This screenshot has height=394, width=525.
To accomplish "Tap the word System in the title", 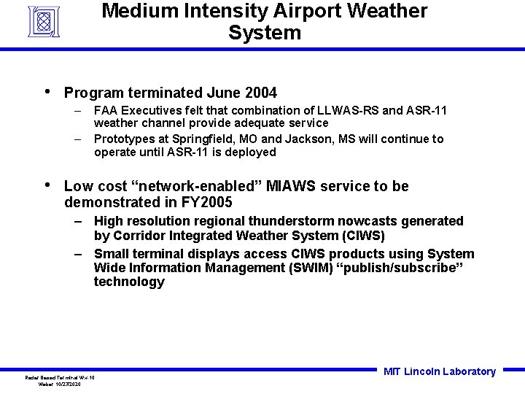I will [x=264, y=33].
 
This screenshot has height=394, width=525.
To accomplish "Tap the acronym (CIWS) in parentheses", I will [x=362, y=236].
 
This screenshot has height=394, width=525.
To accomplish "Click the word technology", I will [x=129, y=282].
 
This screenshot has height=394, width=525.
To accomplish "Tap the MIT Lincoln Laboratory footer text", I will [x=439, y=371].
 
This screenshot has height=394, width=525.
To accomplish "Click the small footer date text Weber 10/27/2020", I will [x=60, y=384].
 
